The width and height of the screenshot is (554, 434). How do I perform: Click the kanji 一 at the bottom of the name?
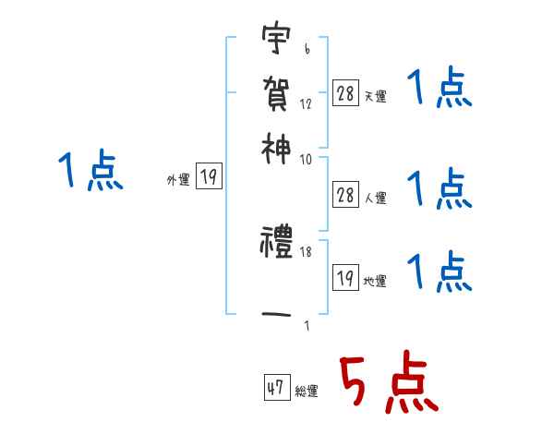(275, 313)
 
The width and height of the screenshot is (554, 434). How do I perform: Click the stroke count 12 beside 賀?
(306, 103)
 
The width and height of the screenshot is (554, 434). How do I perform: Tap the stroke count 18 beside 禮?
(305, 250)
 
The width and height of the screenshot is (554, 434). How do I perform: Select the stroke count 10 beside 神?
(306, 159)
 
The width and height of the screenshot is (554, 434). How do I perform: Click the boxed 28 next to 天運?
(345, 92)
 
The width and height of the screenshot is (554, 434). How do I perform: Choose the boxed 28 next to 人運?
(345, 195)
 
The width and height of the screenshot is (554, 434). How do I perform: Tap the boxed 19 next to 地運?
(345, 277)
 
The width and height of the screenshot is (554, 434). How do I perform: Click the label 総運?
(307, 392)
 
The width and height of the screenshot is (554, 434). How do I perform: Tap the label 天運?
(375, 95)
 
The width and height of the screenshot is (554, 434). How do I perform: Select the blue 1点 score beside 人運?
(440, 188)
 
